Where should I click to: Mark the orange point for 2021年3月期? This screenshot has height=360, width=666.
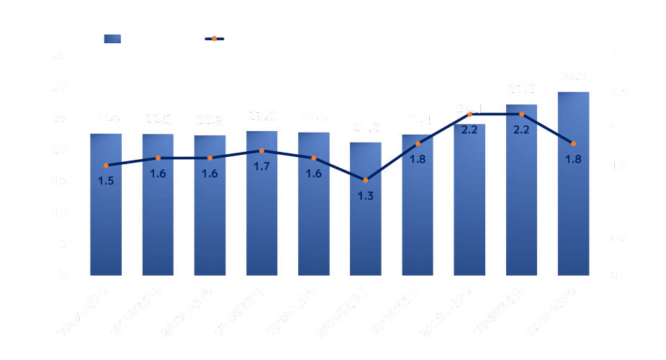click(366, 180)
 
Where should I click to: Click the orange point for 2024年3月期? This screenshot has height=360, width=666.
click(521, 114)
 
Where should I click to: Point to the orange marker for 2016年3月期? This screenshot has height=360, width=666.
click(106, 166)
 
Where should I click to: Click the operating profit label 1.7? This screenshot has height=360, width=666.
click(261, 166)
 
